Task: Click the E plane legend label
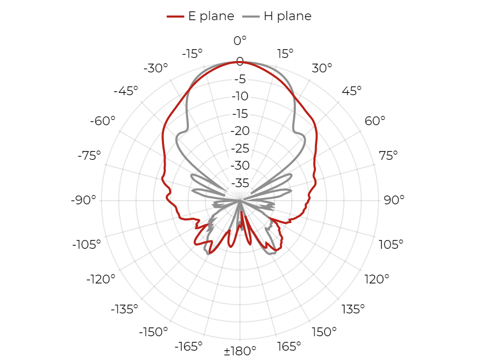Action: pos(211,16)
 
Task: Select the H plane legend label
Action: pos(288,16)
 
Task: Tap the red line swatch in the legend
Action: pos(175,16)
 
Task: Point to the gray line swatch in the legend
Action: pos(251,16)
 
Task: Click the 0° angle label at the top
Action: pos(240,40)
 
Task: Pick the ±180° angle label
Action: pos(240,351)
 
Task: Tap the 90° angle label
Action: pos(394,200)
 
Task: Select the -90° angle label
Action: pos(83,200)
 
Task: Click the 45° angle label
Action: pos(352,91)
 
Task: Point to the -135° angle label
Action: pos(125,309)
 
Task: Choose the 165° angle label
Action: pos(289,347)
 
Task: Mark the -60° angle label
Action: pos(102,121)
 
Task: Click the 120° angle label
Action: pos(377,279)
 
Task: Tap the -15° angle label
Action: pos(192,54)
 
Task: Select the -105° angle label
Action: pos(86,245)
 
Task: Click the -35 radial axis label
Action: pos(240,183)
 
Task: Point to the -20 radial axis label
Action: pos(240,131)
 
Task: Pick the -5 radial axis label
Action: pos(240,79)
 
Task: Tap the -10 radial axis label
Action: pos(240,96)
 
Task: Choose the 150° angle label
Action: pos(324,332)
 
